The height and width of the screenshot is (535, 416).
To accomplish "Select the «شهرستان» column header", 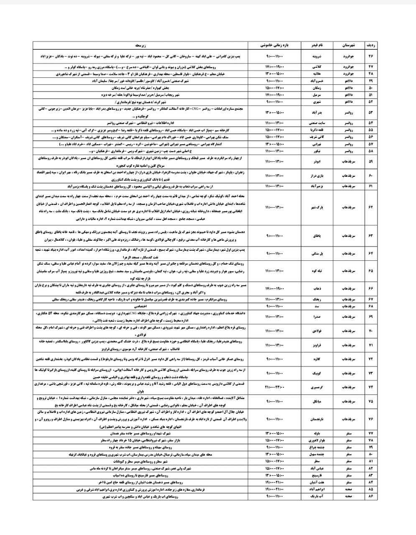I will [x=348, y=43].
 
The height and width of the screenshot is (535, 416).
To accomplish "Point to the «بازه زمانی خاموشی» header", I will [x=275, y=43].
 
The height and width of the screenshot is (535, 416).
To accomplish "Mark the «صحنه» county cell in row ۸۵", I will [x=348, y=489].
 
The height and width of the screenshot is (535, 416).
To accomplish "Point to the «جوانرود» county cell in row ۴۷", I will [x=348, y=67].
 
